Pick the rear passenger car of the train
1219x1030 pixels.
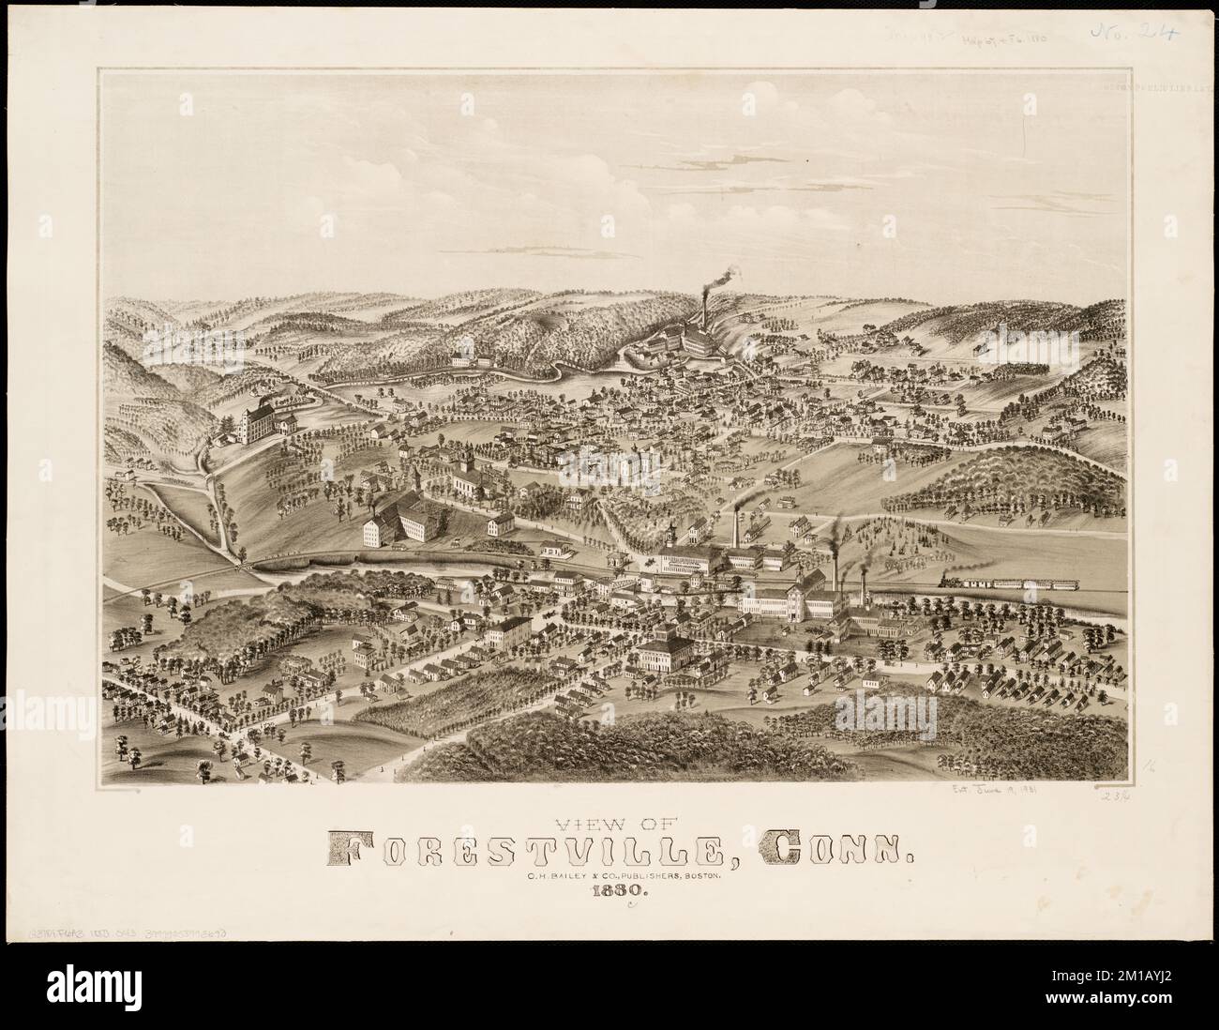click(1058, 584)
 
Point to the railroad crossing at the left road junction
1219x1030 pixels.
click(242, 564)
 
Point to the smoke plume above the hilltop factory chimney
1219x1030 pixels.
click(720, 276)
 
